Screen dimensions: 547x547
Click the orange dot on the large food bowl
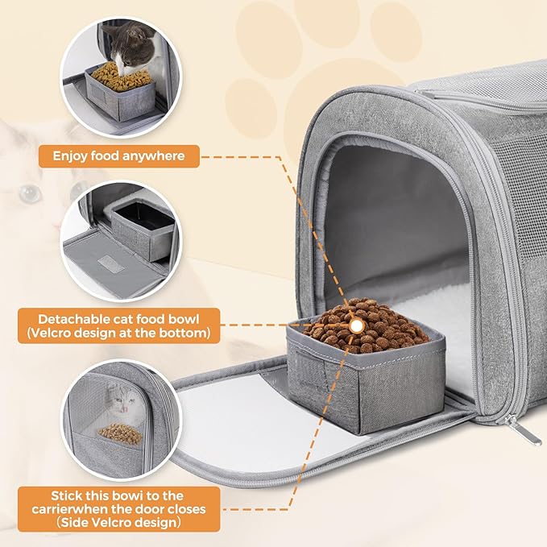tap(354, 325)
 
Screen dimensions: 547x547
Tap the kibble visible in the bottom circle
tap(120, 434)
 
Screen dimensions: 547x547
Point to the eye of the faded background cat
tap(30, 193)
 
